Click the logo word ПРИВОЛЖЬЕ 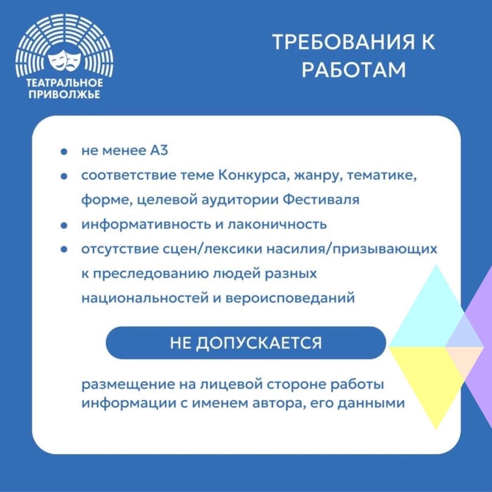pyautogui.click(x=65, y=95)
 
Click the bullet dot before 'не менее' pyautogui.click(x=64, y=152)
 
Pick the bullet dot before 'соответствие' pyautogui.click(x=64, y=176)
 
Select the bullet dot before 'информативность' pyautogui.click(x=64, y=226)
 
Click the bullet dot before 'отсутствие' pyautogui.click(x=64, y=250)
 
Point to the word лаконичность pyautogui.click(x=277, y=225)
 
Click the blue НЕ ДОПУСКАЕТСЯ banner pyautogui.click(x=246, y=343)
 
